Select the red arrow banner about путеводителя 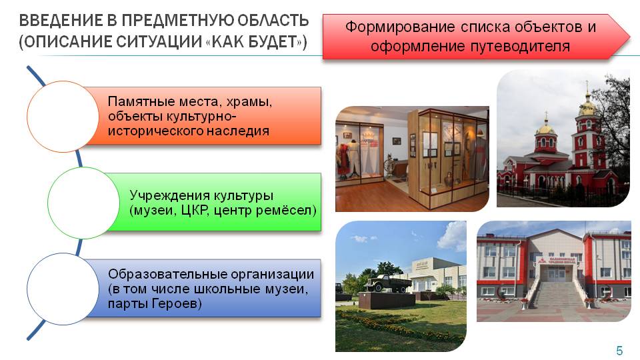(x=476, y=36)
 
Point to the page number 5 (x=619, y=350)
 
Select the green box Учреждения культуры (x=216, y=202)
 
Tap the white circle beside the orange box (x=63, y=116)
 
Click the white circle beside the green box (x=84, y=203)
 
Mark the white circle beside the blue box (x=63, y=289)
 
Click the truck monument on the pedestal (x=388, y=283)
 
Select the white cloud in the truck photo (x=453, y=236)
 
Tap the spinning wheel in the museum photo (x=390, y=167)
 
